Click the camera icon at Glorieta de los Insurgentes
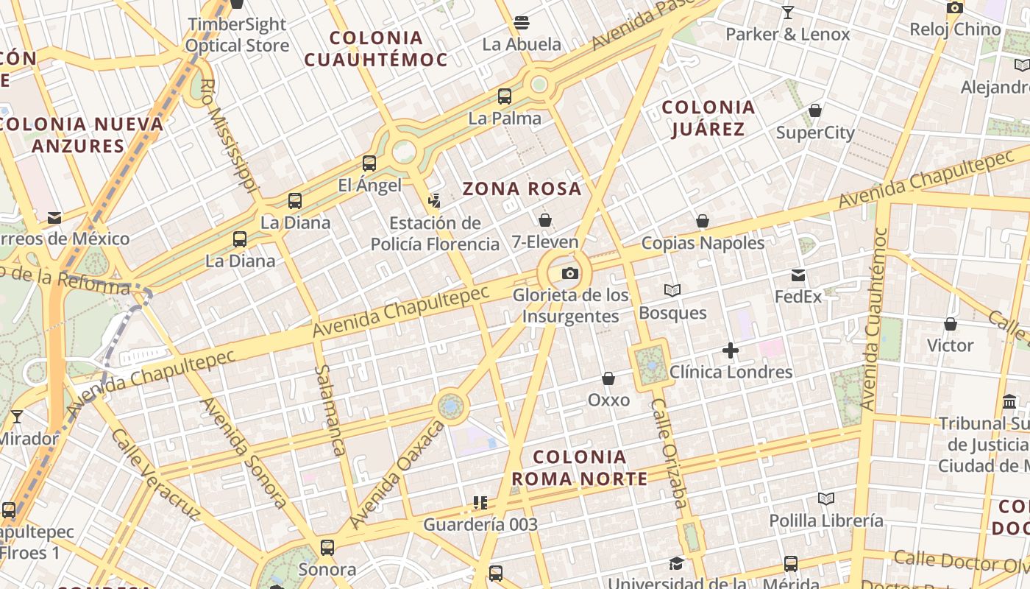(x=570, y=274)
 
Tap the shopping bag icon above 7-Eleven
(x=545, y=220)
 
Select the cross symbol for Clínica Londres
(x=730, y=350)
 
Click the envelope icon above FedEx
(x=798, y=275)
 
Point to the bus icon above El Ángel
(x=369, y=163)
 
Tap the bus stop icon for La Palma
(x=505, y=96)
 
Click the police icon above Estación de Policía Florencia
(x=435, y=200)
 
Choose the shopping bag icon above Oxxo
(x=608, y=378)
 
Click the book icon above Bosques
(x=672, y=291)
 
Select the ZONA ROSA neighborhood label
(x=522, y=189)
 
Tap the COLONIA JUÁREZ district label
(x=708, y=118)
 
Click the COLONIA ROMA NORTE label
(x=580, y=468)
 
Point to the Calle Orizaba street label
(x=669, y=454)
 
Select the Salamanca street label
(x=329, y=410)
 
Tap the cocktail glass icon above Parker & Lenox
(x=788, y=13)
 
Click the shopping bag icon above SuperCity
(x=815, y=111)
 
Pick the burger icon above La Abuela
(x=522, y=23)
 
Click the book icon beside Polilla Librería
(x=826, y=498)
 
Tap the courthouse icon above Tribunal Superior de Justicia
(x=1009, y=402)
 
